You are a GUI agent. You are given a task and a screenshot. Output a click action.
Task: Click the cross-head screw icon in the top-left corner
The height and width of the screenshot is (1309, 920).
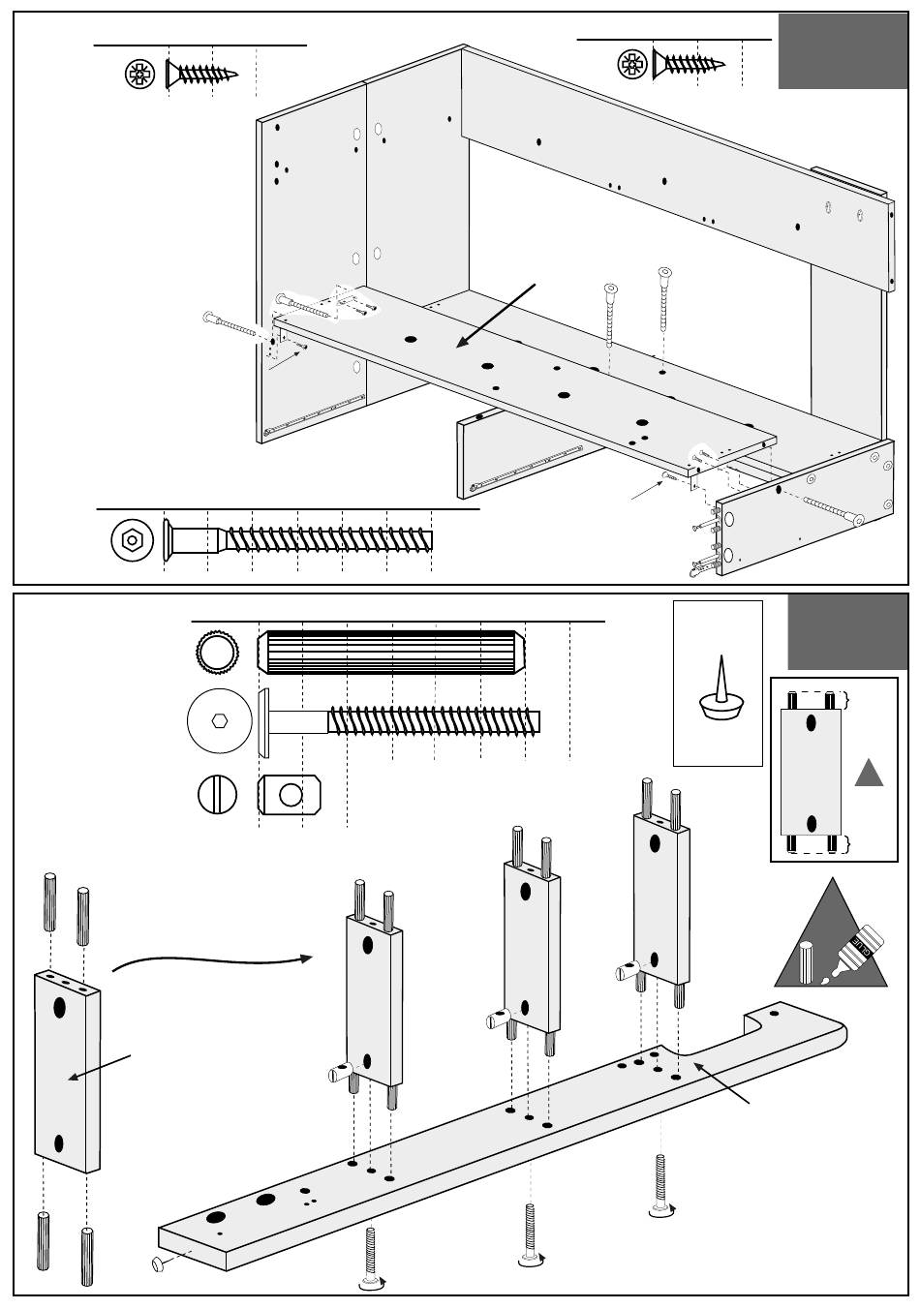click(x=140, y=74)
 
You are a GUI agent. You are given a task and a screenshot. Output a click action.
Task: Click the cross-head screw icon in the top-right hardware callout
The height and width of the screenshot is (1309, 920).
click(x=631, y=65)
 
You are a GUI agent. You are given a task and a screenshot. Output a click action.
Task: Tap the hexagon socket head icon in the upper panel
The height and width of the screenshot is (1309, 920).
click(x=133, y=539)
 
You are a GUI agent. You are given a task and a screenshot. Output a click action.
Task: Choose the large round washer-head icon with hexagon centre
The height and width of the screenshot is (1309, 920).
click(x=220, y=721)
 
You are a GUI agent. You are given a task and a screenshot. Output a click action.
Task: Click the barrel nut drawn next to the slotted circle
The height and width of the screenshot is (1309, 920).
click(x=289, y=796)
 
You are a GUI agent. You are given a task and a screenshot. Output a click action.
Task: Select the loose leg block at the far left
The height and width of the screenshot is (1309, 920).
click(x=67, y=1069)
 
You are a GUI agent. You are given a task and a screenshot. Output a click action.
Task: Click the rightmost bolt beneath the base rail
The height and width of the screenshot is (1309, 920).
click(x=661, y=1185)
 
